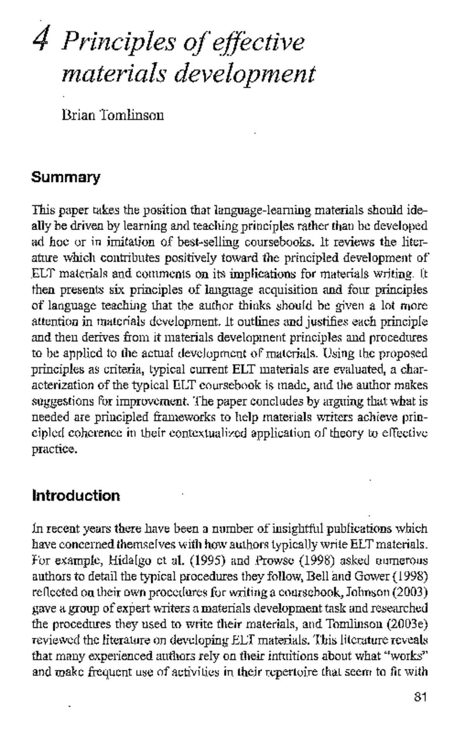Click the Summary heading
pyautogui.click(x=66, y=177)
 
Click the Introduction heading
pyautogui.click(x=76, y=496)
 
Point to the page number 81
pyautogui.click(x=420, y=697)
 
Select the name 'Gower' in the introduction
pyautogui.click(x=370, y=577)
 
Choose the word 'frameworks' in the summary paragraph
pyautogui.click(x=184, y=418)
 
